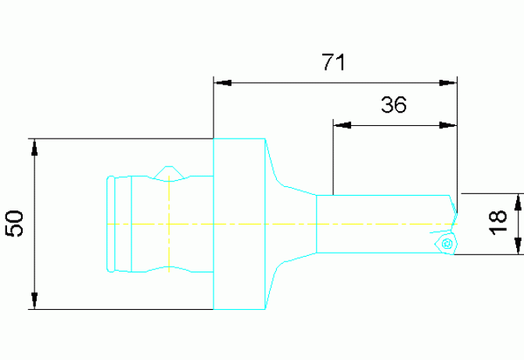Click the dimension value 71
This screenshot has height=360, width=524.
334,63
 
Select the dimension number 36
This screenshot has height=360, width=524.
394,105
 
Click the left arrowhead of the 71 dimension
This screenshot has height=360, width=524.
223,81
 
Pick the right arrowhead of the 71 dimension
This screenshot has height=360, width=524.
448,81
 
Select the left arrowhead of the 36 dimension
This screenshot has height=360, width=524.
342,124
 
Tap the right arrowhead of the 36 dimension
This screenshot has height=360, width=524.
448,124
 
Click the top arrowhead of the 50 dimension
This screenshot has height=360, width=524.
34,147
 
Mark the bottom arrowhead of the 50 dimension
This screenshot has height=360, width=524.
34,301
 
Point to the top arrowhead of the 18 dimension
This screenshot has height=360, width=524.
518,201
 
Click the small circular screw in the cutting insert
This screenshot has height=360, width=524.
447,243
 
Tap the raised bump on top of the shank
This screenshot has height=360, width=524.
169,171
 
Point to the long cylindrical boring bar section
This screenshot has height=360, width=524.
383,224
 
